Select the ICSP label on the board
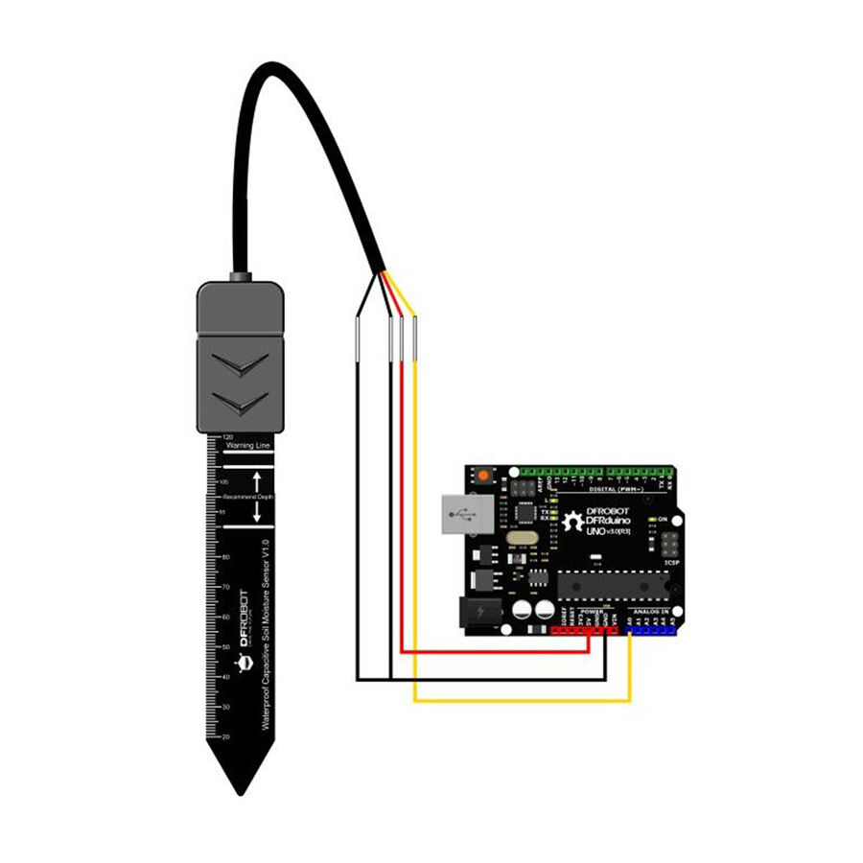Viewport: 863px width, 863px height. pos(672,563)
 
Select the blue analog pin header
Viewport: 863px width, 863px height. pos(651,630)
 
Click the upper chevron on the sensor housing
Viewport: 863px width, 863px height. pos(240,365)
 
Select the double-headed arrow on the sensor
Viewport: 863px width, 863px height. pos(257,498)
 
